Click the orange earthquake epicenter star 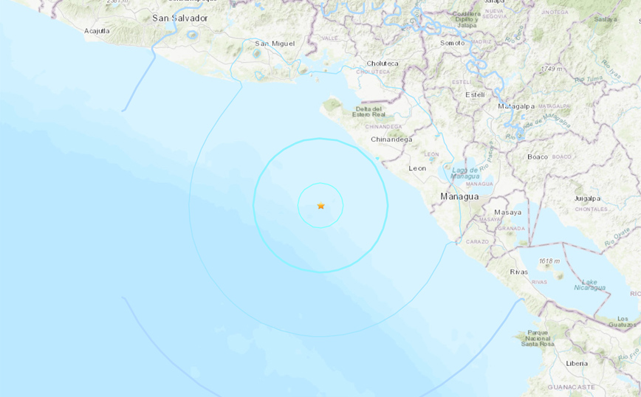pos(320,206)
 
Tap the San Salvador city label pos(179,18)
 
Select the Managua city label pos(459,197)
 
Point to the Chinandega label pos(391,139)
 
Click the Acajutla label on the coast pos(97,31)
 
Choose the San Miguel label pos(275,44)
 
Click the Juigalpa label pos(587,198)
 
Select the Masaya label pos(508,213)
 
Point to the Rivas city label pos(519,272)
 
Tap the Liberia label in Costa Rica pos(577,363)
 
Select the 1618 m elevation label pos(550,261)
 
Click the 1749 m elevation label pos(552,69)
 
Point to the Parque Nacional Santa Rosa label pos(538,338)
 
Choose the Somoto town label pos(453,43)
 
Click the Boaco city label pos(538,156)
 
